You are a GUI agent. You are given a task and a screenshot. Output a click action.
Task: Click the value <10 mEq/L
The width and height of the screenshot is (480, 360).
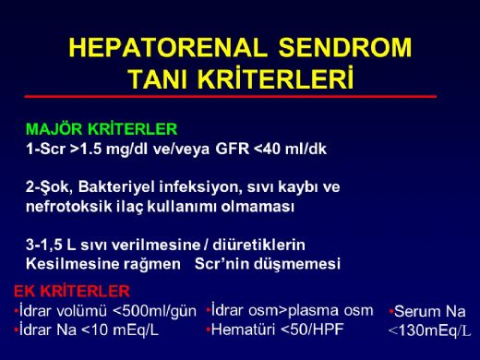(123, 329)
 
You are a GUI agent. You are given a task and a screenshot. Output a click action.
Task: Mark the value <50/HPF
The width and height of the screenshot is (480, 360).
(314, 329)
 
